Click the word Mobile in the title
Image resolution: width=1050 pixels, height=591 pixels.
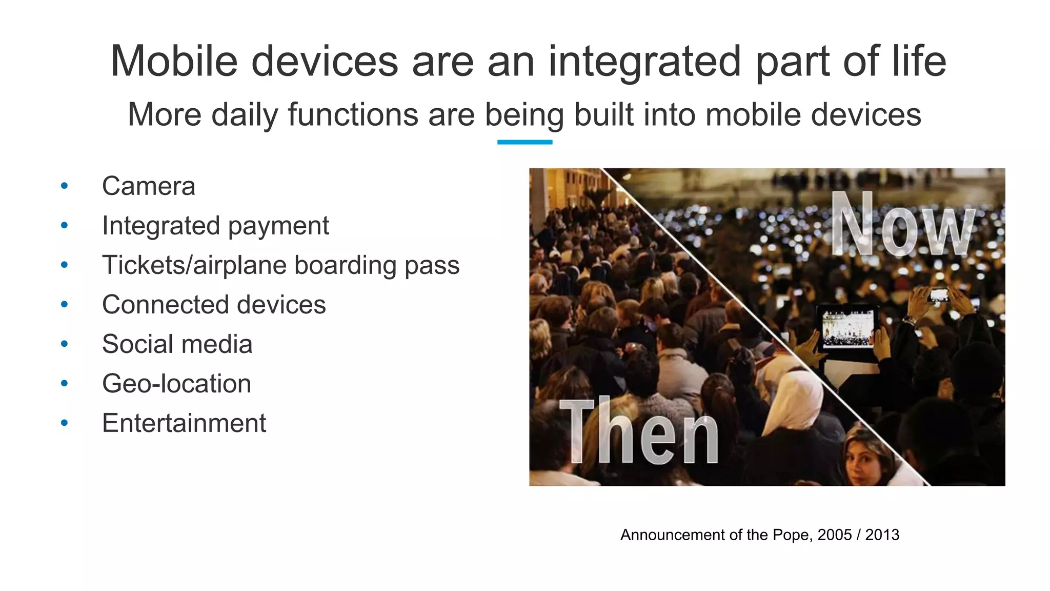(174, 62)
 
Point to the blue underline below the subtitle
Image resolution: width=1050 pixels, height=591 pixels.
(524, 142)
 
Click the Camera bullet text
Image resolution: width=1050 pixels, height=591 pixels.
(148, 186)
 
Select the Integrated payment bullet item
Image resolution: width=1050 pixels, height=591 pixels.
(215, 226)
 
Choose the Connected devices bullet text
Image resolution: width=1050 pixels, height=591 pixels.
(214, 305)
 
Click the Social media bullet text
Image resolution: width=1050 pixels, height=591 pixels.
(177, 344)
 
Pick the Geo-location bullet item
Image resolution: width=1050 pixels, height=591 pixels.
(176, 384)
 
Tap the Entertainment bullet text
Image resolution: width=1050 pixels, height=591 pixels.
(184, 423)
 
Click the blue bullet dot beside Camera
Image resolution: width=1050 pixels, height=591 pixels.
(64, 186)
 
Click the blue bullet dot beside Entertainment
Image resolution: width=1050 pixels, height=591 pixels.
(64, 423)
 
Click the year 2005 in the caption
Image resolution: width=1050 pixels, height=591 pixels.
(835, 535)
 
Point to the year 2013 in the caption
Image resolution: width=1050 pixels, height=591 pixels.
(882, 535)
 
